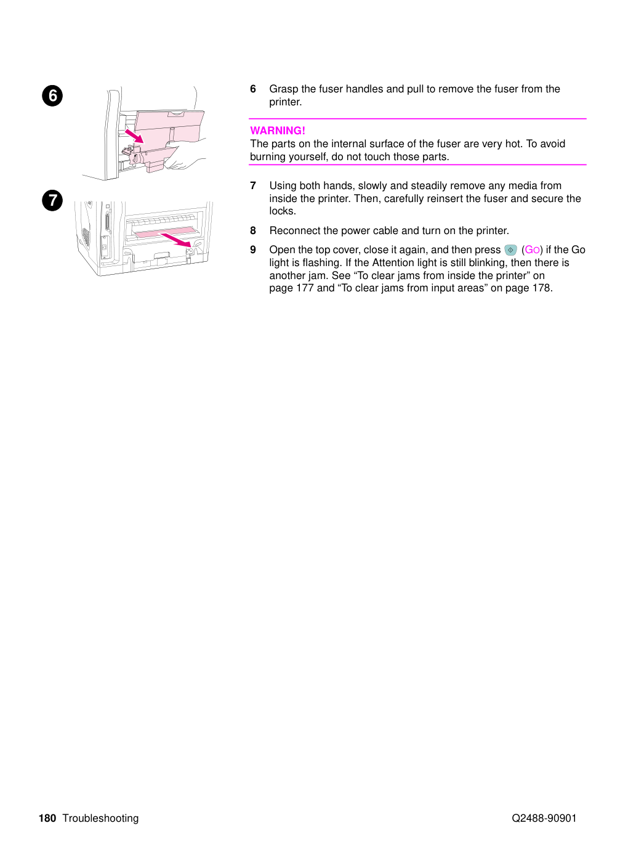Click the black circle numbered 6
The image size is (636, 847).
click(52, 95)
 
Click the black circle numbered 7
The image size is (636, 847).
click(52, 200)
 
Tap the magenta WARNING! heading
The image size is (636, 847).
click(277, 131)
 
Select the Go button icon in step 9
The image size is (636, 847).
click(510, 250)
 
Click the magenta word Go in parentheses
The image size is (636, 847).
click(532, 250)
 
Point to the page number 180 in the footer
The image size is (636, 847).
click(47, 818)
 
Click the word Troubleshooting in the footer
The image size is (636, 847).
click(100, 819)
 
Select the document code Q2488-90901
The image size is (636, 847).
click(544, 818)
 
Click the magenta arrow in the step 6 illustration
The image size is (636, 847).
click(134, 136)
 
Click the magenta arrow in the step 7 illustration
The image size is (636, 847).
click(176, 240)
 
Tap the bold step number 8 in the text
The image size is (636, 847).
click(253, 231)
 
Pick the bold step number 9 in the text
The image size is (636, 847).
click(253, 250)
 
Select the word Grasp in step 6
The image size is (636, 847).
click(284, 89)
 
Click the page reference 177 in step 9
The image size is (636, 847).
click(305, 288)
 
